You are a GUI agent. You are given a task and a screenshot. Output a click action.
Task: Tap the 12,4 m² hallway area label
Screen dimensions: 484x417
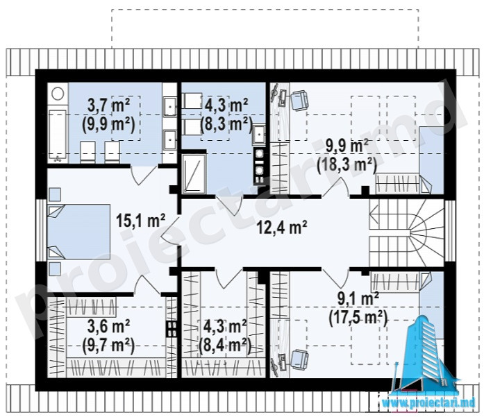282,228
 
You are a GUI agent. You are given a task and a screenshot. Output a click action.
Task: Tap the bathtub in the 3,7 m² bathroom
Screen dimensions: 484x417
57,136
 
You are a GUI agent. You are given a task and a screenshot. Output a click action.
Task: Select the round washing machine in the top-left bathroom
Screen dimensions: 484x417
58,93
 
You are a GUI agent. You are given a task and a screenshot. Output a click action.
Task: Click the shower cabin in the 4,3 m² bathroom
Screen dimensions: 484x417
194,174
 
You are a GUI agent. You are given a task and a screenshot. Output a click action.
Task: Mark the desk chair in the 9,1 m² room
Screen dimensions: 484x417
299,359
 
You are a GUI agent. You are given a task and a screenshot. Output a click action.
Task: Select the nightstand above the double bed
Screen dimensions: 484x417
55,194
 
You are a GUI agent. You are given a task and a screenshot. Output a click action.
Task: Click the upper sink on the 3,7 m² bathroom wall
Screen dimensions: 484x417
169,106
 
